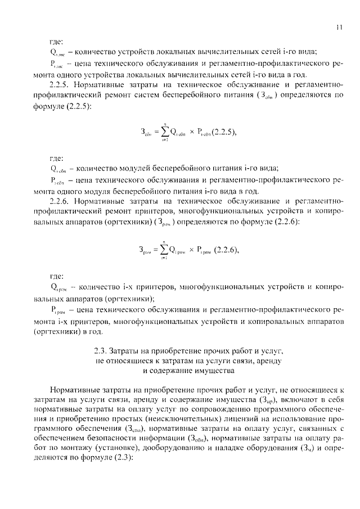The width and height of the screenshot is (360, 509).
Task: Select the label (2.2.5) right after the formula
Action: click(x=219, y=132)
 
